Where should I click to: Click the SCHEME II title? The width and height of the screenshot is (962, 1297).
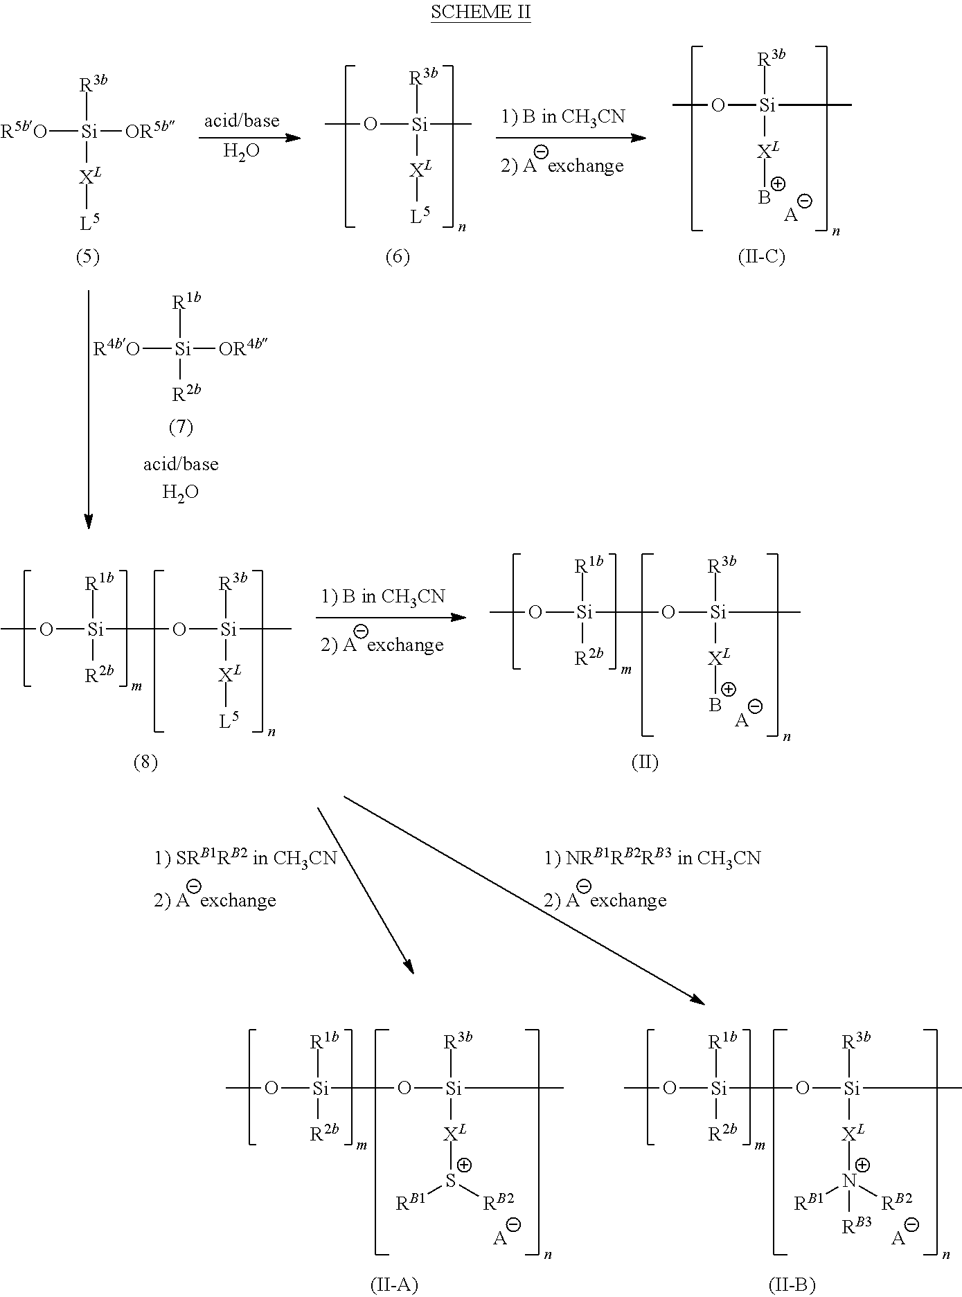click(x=481, y=12)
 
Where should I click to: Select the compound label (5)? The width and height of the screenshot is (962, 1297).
click(x=87, y=257)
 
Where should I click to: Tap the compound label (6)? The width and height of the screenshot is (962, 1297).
click(x=398, y=257)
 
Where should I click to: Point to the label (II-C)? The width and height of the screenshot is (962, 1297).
click(x=762, y=257)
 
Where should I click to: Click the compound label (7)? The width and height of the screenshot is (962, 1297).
click(x=181, y=427)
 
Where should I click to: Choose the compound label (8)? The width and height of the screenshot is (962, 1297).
click(x=145, y=762)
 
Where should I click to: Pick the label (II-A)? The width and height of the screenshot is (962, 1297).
click(x=395, y=1285)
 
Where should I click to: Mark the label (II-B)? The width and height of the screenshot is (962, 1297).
click(x=792, y=1285)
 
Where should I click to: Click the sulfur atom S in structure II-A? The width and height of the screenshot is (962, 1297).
click(x=451, y=1180)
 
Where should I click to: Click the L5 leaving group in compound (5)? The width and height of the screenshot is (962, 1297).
click(x=88, y=222)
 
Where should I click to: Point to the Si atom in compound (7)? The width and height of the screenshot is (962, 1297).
click(x=181, y=349)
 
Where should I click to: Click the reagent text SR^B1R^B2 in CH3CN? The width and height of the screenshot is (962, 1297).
click(x=245, y=858)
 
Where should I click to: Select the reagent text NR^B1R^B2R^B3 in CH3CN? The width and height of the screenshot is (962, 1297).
click(x=652, y=858)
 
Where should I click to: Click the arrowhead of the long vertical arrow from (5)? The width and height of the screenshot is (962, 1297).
click(x=89, y=521)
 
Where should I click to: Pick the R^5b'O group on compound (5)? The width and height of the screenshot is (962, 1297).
click(x=24, y=130)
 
